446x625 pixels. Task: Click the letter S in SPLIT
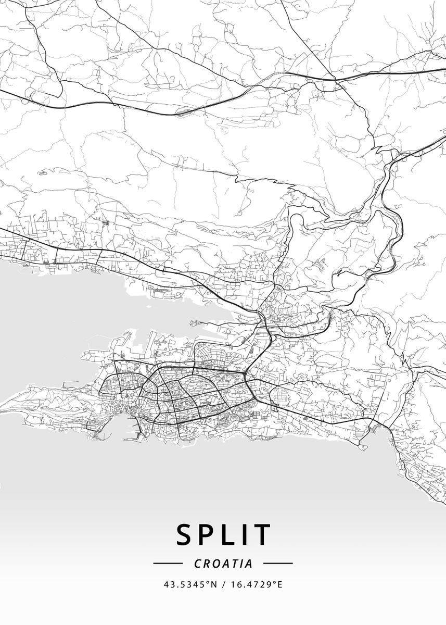point(186,534)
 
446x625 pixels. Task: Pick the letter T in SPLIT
point(263,534)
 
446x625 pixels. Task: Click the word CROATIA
point(223,564)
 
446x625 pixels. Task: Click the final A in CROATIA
point(249,564)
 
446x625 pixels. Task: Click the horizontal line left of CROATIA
point(168,563)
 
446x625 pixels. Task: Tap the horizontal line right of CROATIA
point(278,563)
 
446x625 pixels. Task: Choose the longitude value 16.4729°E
point(256,585)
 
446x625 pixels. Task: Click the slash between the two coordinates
point(223,585)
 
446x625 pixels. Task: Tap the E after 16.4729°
point(280,585)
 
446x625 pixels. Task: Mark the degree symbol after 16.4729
point(274,582)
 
